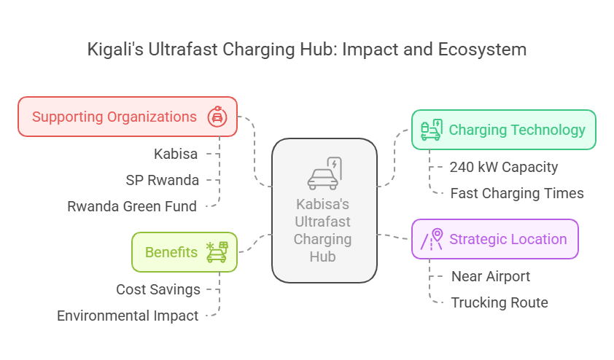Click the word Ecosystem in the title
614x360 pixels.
482,50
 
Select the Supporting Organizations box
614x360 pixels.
128,117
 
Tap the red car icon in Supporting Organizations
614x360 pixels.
217,116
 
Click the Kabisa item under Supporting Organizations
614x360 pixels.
176,154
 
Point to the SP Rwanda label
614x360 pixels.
162,181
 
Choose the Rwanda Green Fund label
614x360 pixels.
132,207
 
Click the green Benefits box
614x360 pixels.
184,252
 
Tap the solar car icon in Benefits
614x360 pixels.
217,252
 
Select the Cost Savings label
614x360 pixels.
158,289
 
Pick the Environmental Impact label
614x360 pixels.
128,316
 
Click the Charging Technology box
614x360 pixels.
504,130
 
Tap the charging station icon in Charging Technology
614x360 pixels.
432,130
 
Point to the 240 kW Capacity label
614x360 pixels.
504,167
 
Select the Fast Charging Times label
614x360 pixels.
517,193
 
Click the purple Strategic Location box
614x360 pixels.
495,239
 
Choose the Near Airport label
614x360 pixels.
490,277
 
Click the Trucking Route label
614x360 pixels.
500,303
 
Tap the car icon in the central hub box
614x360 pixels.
325,173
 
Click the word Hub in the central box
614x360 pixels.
322,257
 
